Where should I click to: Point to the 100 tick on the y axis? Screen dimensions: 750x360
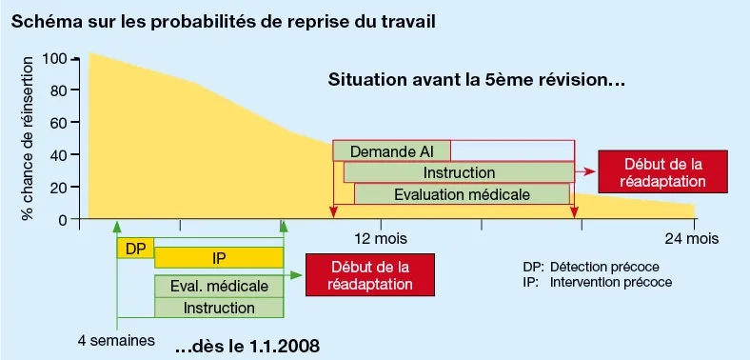53,59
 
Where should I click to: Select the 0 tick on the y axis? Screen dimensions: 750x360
62,219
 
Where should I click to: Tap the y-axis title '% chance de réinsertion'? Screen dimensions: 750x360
27,138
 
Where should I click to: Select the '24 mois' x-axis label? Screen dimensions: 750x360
691,238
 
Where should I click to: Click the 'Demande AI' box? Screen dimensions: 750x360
391,151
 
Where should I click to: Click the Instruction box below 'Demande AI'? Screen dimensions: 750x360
459,172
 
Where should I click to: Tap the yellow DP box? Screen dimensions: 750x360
135,248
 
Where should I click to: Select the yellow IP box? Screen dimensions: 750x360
219,258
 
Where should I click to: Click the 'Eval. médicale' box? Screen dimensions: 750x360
219,286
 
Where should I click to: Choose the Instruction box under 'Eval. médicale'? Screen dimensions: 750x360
219,308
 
